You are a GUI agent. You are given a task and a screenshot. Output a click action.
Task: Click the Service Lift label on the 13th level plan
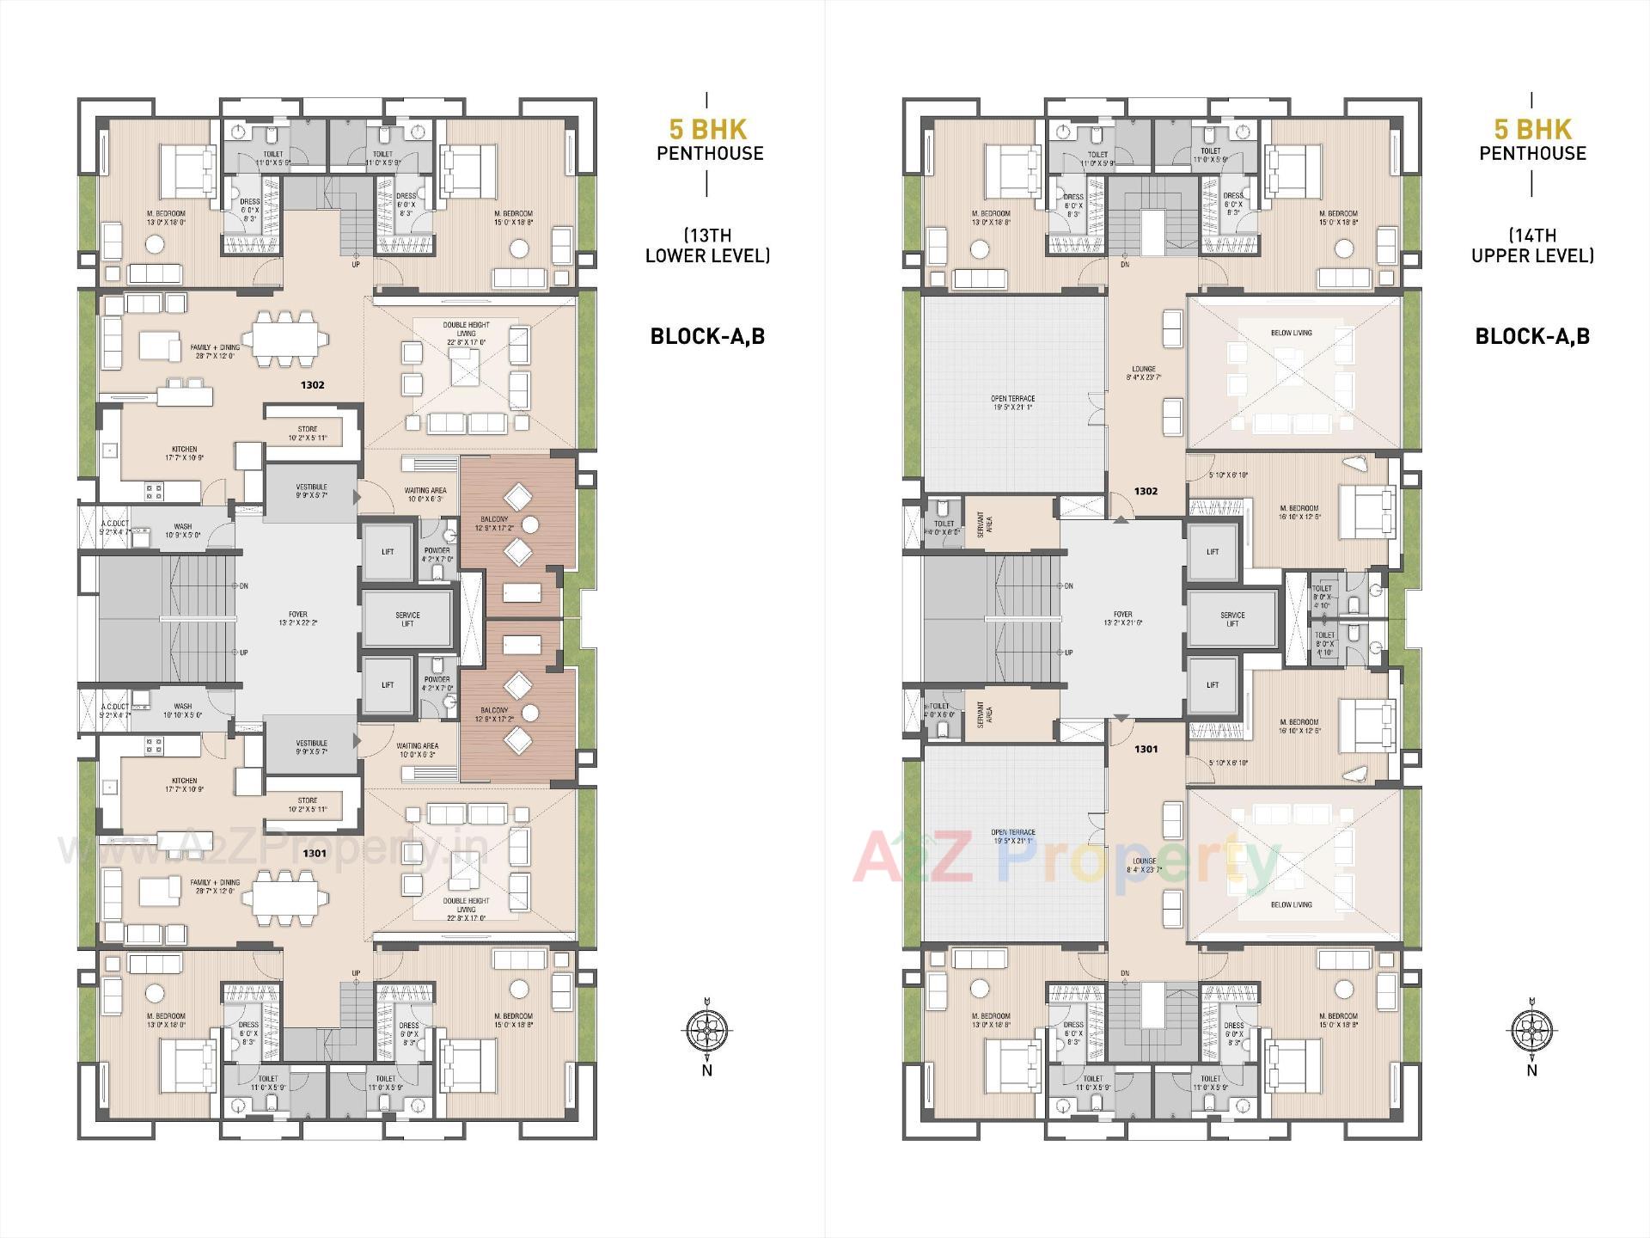(407, 619)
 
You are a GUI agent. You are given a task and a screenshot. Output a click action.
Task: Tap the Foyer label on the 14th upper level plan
(1122, 619)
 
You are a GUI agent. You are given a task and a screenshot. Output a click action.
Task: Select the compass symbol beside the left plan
(707, 1028)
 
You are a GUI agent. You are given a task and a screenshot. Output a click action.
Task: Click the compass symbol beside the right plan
(1532, 1028)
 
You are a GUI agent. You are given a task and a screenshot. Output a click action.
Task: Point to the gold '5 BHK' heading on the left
(709, 130)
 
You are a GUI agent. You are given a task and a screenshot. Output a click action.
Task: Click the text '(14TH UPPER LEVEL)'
(1532, 245)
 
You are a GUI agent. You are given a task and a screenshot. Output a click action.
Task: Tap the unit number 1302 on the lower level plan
(313, 385)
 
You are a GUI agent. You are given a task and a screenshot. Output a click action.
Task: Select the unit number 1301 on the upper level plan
(1146, 749)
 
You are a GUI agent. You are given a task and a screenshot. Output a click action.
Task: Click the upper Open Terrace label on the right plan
(1012, 402)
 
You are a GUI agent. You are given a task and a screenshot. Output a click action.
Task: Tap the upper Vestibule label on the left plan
(311, 492)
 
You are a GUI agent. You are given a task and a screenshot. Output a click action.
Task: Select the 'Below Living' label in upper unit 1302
(1291, 333)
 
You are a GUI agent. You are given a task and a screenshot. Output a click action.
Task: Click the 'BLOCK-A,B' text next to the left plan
(707, 336)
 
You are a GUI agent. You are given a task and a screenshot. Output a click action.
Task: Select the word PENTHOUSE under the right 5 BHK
(1532, 154)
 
